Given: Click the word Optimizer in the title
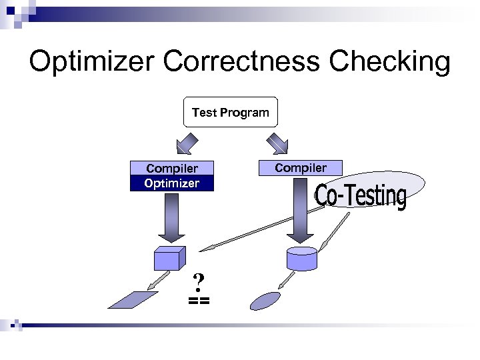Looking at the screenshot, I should pyautogui.click(x=90, y=62).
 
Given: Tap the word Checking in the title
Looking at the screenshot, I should pyautogui.click(x=390, y=62).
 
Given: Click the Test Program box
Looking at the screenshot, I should pyautogui.click(x=230, y=112).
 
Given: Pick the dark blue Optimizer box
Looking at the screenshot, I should pyautogui.click(x=172, y=183).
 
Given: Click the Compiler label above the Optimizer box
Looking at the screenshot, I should pyautogui.click(x=172, y=169).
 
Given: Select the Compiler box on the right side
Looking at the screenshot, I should pyautogui.click(x=301, y=167).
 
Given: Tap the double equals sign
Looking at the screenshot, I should pyautogui.click(x=198, y=301).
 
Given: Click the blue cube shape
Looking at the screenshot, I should pyautogui.click(x=169, y=257).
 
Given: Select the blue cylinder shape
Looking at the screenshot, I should pyautogui.click(x=301, y=258).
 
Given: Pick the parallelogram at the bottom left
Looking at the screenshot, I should pyautogui.click(x=133, y=300).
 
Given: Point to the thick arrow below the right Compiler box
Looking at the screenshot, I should pyautogui.click(x=301, y=210).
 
